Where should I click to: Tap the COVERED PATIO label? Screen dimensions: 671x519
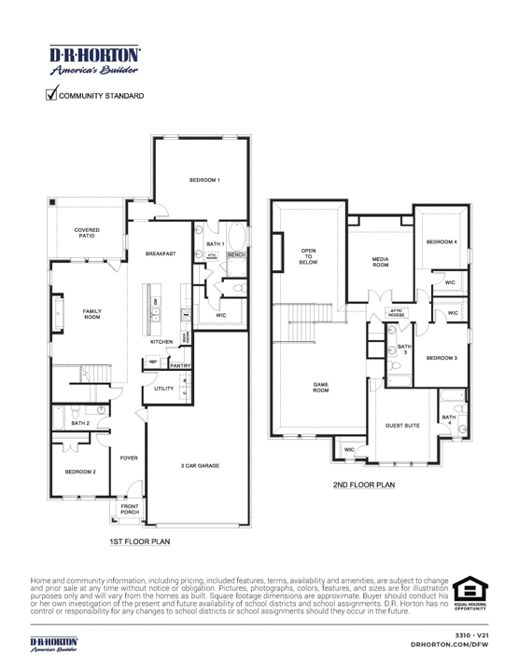click(88, 232)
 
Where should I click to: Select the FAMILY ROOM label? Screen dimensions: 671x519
click(92, 314)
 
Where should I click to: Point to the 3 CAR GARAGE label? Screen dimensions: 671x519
click(200, 465)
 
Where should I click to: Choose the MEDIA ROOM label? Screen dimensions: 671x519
click(380, 262)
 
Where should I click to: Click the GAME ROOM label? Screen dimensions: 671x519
click(320, 388)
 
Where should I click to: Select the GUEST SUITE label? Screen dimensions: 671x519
click(402, 426)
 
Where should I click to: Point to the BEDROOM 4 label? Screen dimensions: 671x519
click(442, 241)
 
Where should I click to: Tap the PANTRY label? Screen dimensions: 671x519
click(168, 367)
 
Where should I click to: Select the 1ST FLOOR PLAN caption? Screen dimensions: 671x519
click(139, 541)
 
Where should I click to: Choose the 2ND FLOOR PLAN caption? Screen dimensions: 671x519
click(364, 485)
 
